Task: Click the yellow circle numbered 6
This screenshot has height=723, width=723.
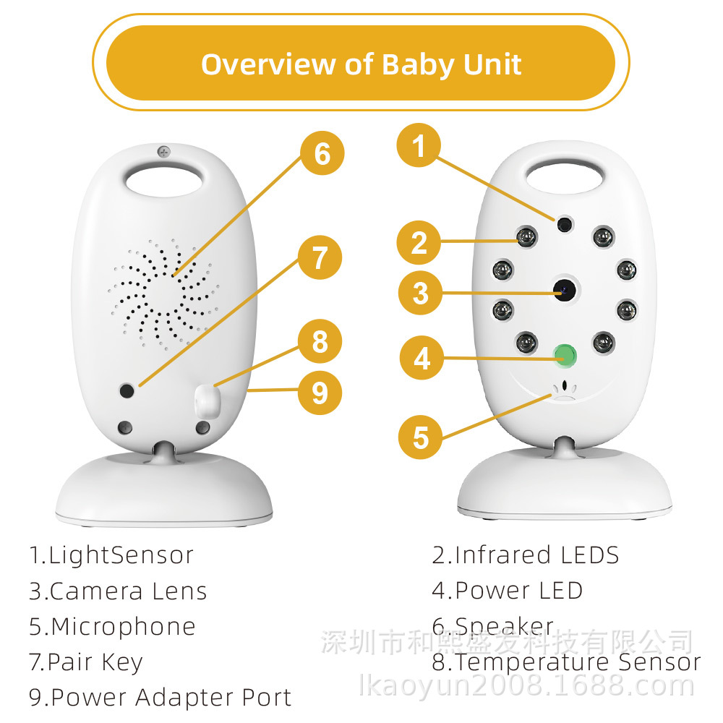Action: pos(322,154)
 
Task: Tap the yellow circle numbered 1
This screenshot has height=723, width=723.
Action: pos(419,147)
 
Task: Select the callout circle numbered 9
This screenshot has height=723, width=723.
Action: pos(320,393)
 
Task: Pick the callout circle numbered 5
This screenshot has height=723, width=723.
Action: pos(421,437)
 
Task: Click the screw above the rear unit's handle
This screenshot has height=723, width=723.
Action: pos(163,152)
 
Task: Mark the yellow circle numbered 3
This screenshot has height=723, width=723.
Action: pos(421,294)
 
